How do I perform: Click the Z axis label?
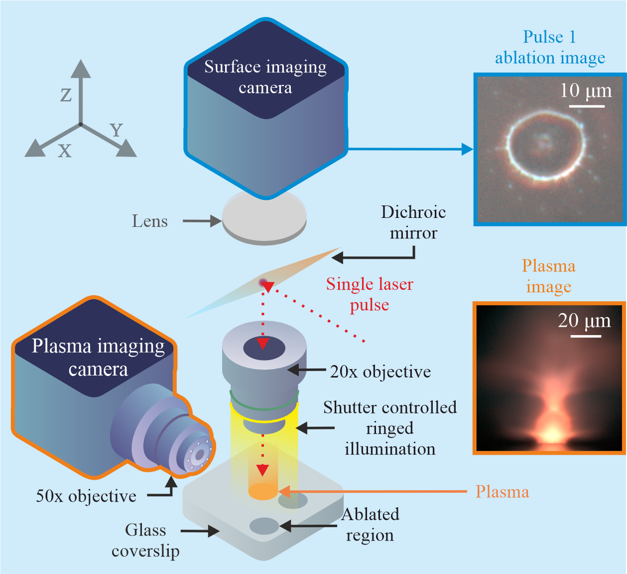(x=66, y=95)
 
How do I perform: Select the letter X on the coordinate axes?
(x=65, y=151)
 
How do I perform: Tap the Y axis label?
(x=117, y=131)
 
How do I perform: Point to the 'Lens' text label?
(x=149, y=221)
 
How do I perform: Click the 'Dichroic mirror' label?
(x=413, y=222)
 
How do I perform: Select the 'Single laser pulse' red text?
(x=370, y=294)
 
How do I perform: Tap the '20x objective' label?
(x=380, y=372)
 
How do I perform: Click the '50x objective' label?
(x=86, y=496)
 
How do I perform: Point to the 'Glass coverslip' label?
(x=145, y=540)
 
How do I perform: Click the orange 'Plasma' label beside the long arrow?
(x=502, y=492)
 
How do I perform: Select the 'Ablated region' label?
(x=370, y=525)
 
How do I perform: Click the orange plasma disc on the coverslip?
(x=263, y=492)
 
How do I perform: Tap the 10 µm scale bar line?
(x=587, y=106)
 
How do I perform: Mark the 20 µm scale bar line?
(x=586, y=336)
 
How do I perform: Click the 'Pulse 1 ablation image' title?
(x=550, y=47)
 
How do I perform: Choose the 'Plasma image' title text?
(x=548, y=276)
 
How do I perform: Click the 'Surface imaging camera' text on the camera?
(x=265, y=77)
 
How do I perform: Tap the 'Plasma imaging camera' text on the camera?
(x=98, y=358)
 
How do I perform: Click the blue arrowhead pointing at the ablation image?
(x=467, y=149)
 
